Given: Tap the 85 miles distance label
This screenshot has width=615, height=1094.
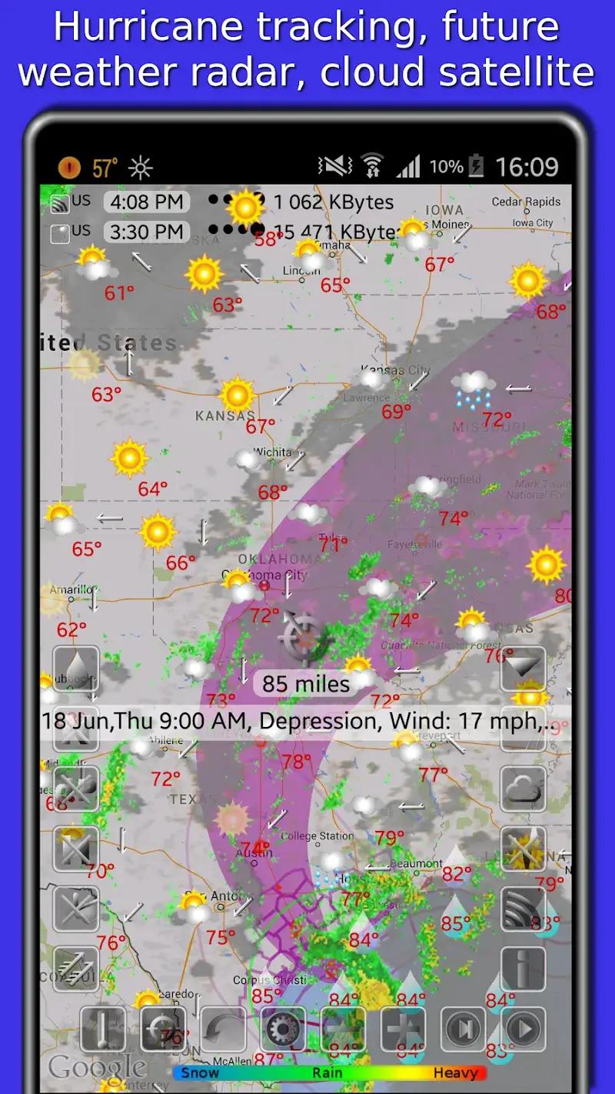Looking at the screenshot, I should pyautogui.click(x=306, y=683).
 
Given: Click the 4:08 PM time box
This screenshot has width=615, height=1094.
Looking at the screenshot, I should pyautogui.click(x=146, y=202).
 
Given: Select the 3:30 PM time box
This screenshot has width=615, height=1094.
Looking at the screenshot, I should pyautogui.click(x=146, y=232).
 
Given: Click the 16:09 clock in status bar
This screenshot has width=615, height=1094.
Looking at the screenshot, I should pyautogui.click(x=527, y=167).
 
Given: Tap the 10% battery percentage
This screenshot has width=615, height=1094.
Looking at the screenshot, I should pyautogui.click(x=446, y=167).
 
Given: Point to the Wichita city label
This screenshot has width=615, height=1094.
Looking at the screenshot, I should pyautogui.click(x=272, y=452).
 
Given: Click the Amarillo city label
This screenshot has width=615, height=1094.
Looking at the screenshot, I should pyautogui.click(x=71, y=590).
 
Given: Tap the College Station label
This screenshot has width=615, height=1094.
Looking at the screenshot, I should pyautogui.click(x=317, y=836).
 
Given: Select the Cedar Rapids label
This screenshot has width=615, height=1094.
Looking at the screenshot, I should pyautogui.click(x=527, y=202).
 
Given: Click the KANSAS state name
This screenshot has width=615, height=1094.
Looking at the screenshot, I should pyautogui.click(x=224, y=416).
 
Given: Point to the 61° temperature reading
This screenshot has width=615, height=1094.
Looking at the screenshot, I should pyautogui.click(x=119, y=293).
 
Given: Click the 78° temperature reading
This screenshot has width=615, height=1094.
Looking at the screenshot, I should pyautogui.click(x=296, y=762).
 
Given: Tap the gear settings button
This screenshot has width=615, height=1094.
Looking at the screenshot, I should pyautogui.click(x=283, y=1029).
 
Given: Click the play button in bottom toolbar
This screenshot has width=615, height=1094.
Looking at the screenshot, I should pyautogui.click(x=524, y=1029).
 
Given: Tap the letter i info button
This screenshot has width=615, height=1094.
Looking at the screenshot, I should pyautogui.click(x=523, y=969).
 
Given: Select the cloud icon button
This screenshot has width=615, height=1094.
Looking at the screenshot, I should pyautogui.click(x=523, y=789).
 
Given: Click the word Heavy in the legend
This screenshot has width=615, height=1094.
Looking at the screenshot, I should pyautogui.click(x=455, y=1072).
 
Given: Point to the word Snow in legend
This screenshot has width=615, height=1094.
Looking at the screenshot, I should pyautogui.click(x=200, y=1072).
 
